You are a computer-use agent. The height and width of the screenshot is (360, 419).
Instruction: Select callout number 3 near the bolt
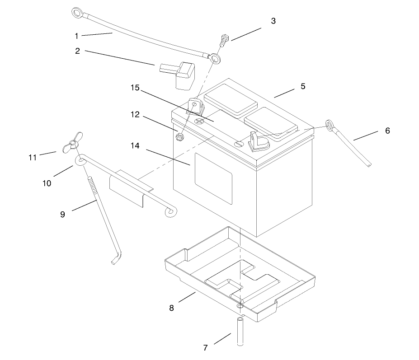pyautogui.click(x=273, y=21)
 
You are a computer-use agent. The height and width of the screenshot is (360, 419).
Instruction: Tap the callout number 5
pyautogui.click(x=303, y=86)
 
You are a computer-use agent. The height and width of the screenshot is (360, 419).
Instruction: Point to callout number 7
pyautogui.click(x=206, y=348)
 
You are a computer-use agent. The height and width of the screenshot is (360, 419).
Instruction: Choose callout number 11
pyautogui.click(x=33, y=157)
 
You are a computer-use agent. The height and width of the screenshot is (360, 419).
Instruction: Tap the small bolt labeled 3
pyautogui.click(x=225, y=42)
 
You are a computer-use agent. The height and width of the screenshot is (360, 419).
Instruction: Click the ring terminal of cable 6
pyautogui.click(x=330, y=124)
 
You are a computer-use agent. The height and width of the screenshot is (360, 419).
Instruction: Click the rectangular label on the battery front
pyautogui.click(x=213, y=175)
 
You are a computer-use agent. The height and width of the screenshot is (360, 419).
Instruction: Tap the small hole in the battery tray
pyautogui.click(x=239, y=306)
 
